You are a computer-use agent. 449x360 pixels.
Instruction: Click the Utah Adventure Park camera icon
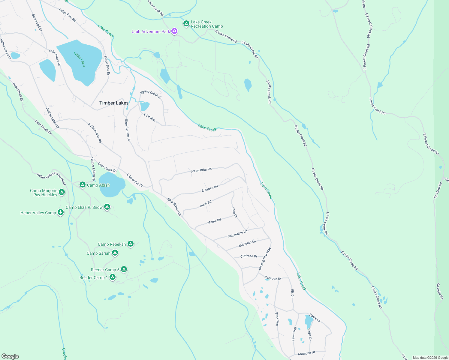174,31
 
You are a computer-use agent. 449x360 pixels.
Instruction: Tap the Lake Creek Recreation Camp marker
186,23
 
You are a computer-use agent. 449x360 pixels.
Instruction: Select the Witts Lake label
80,59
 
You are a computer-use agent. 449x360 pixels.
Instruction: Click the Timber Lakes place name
114,103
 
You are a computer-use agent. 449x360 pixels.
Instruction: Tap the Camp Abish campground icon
83,185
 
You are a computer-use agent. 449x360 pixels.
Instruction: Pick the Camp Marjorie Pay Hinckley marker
62,192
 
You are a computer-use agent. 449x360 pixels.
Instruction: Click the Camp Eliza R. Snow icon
107,207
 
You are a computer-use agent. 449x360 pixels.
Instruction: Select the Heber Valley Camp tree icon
61,213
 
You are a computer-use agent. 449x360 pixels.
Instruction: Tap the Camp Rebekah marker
130,244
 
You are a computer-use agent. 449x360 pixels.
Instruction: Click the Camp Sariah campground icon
115,253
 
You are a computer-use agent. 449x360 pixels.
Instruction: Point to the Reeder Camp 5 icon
124,269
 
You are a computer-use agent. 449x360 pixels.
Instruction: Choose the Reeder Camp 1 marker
112,277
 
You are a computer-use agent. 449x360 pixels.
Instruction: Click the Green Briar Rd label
201,170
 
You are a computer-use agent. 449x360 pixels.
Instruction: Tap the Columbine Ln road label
237,234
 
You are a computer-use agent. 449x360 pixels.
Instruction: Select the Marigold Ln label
247,244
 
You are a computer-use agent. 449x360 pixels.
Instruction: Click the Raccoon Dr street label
273,278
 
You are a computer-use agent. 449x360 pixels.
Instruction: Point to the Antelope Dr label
306,353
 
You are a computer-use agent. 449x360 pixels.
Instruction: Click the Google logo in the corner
10,356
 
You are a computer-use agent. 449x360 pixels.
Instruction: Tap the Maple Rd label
214,221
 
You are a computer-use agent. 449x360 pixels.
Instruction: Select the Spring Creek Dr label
151,94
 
